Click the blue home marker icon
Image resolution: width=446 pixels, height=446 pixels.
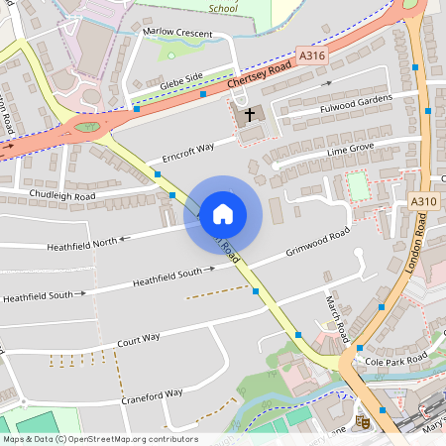point(223,213)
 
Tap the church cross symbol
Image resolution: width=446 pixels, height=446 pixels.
point(250,114)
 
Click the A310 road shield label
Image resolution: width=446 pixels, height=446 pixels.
point(423,201)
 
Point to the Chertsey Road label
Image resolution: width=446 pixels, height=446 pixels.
point(259,77)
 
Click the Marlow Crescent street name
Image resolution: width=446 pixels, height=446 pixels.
point(177,32)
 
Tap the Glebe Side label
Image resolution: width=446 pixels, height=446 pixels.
point(180,82)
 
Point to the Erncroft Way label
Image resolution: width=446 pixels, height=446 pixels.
point(180,154)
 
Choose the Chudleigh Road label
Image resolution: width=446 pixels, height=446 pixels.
point(62,196)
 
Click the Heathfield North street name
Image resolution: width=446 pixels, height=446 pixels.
point(82,241)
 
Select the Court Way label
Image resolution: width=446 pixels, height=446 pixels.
point(139,338)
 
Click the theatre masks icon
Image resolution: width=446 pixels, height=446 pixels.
point(363,421)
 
